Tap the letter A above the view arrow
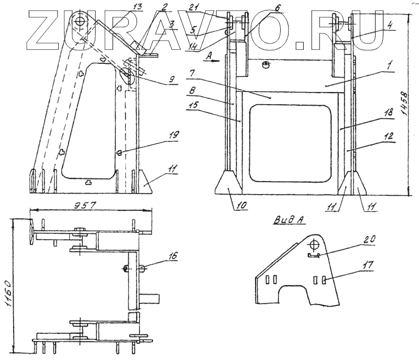pyautogui.click(x=208, y=54)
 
